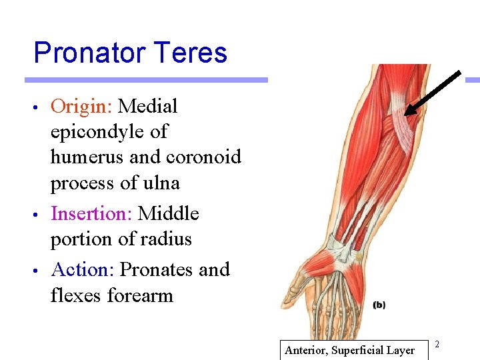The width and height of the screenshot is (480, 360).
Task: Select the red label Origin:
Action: tap(81, 107)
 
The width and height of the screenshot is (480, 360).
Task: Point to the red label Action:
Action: tap(83, 270)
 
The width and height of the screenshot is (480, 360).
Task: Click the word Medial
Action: tap(147, 107)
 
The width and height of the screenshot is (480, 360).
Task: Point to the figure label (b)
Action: tap(379, 305)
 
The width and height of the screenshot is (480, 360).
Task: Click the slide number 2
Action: tap(437, 344)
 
